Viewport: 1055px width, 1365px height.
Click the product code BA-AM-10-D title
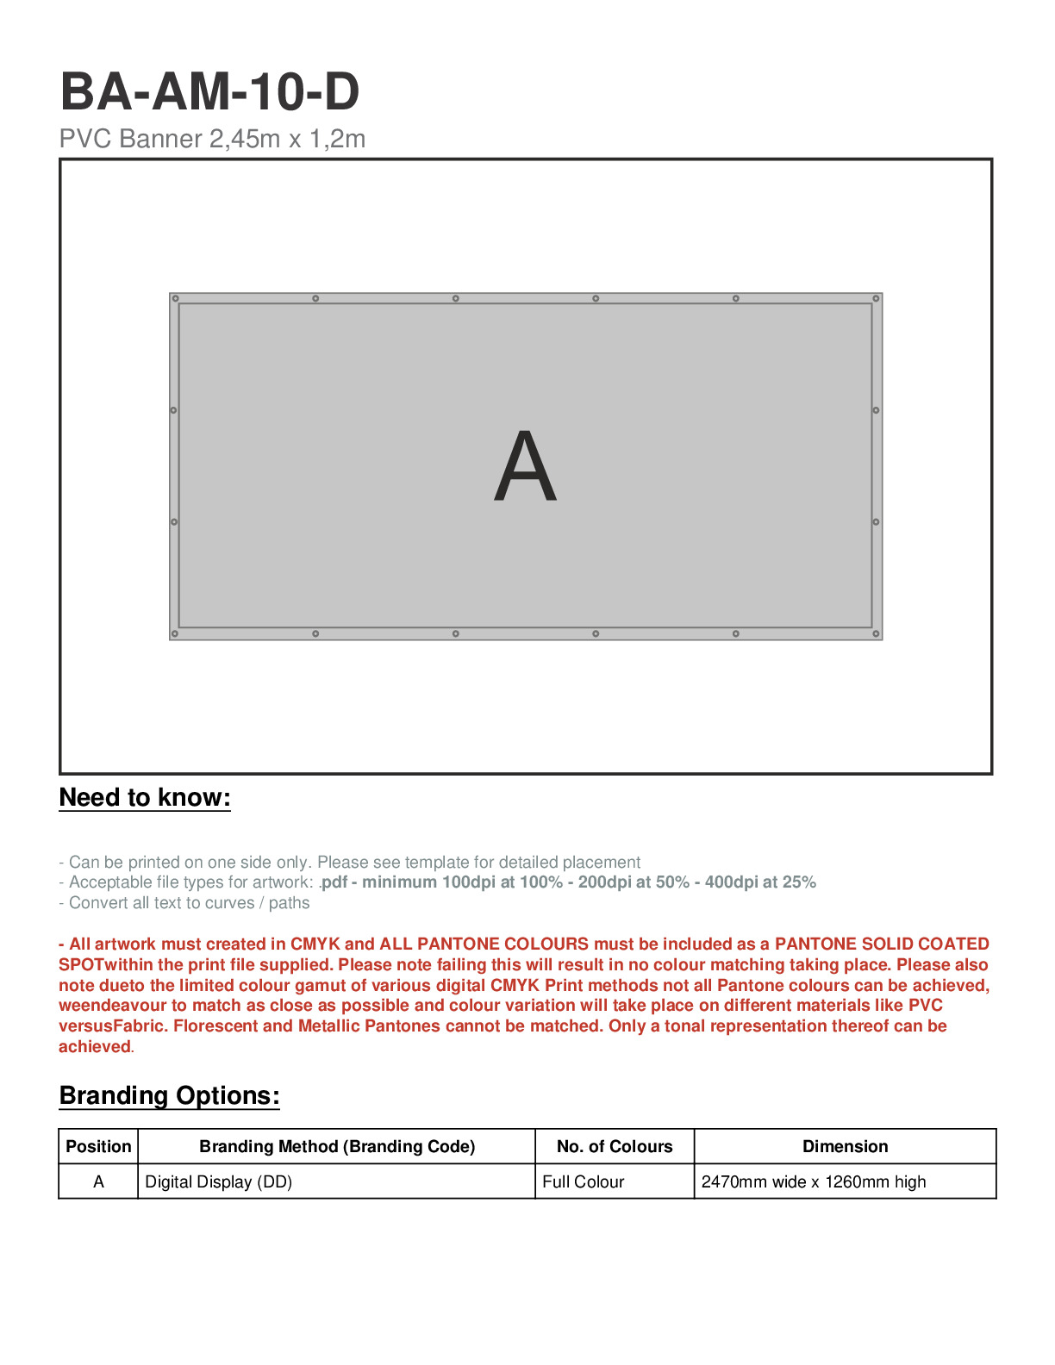209,92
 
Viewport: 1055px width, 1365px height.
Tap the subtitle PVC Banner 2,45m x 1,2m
212,139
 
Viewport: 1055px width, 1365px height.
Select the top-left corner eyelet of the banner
176,299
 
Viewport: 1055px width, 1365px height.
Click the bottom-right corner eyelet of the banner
876,634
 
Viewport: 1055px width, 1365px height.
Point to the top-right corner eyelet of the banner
876,299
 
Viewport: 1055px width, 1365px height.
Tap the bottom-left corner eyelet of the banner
175,634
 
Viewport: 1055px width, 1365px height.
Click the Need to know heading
145,798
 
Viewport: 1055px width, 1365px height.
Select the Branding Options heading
169,1096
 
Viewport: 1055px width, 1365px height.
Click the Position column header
98,1147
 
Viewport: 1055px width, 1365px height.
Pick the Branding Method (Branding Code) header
337,1147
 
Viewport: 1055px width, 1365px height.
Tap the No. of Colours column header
615,1147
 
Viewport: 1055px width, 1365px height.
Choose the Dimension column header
845,1147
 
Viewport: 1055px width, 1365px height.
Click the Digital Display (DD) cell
219,1182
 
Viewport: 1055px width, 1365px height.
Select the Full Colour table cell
584,1182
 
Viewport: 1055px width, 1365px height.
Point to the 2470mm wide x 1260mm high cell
814,1182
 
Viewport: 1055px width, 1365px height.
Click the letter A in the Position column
98,1182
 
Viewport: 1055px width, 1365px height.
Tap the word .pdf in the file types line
334,882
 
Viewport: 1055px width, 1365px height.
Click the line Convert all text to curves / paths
184,903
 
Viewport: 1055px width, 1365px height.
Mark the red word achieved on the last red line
95,1047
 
